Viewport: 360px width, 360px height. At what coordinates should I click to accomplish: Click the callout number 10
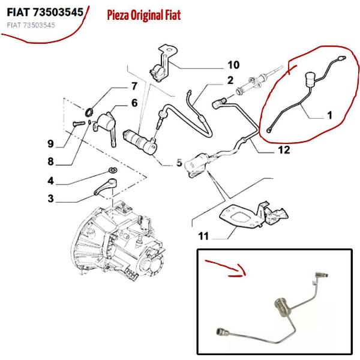click(x=233, y=65)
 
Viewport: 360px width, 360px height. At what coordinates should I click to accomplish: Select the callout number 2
click(x=230, y=80)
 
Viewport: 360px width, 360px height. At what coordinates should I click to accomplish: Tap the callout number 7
click(x=134, y=86)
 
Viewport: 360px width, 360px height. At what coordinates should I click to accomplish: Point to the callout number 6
click(x=134, y=103)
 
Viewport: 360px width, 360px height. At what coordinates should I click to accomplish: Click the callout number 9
click(x=51, y=144)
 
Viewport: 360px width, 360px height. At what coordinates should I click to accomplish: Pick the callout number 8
click(x=51, y=161)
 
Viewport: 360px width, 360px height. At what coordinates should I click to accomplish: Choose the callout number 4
click(x=51, y=181)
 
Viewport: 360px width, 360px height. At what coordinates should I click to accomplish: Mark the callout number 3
click(x=51, y=199)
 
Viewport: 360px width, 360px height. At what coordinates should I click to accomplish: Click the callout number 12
click(x=284, y=150)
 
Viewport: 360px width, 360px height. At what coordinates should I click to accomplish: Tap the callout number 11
click(x=203, y=236)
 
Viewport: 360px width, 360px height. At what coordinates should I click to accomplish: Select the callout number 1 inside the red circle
click(x=329, y=115)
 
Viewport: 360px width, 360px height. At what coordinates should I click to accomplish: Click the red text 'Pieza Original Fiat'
click(x=144, y=15)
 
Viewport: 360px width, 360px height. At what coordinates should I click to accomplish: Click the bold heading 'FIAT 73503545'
click(x=45, y=12)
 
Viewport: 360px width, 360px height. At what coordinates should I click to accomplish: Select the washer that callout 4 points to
click(x=113, y=170)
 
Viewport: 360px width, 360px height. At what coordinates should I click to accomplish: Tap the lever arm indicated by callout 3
click(x=106, y=187)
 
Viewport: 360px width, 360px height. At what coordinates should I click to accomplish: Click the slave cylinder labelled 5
click(x=140, y=142)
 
